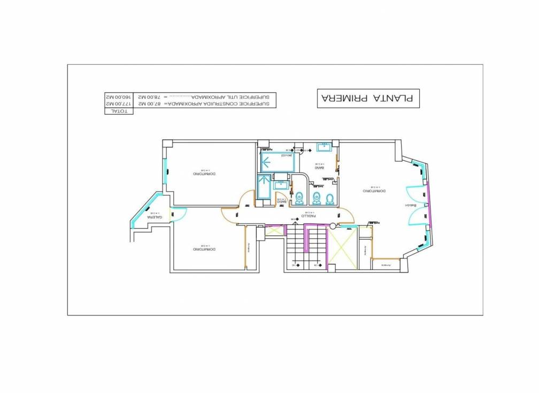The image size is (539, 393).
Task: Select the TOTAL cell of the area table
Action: tap(118, 111)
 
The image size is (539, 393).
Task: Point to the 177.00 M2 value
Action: tap(118, 104)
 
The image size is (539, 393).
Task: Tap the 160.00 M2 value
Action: tap(118, 97)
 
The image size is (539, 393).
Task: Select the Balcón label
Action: tap(412, 206)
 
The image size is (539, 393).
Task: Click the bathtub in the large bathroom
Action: tap(277, 161)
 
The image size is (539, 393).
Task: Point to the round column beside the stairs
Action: tap(333, 225)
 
